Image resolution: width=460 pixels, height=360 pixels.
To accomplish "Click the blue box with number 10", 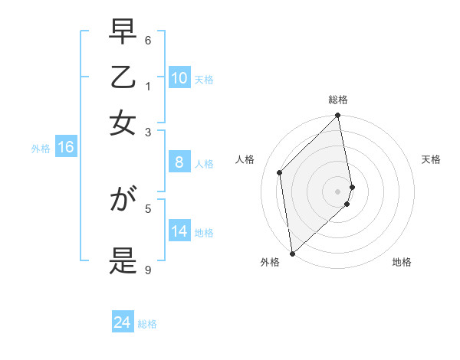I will tap(179, 78).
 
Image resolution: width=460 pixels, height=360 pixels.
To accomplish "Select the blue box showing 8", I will tap(179, 162).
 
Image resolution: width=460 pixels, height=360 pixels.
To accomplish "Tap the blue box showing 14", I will tap(179, 231).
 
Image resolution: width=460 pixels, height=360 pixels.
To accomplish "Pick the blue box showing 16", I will tap(66, 148).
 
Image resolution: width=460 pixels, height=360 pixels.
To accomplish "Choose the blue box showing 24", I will tap(123, 322).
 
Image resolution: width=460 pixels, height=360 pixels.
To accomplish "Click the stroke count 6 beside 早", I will tap(148, 40).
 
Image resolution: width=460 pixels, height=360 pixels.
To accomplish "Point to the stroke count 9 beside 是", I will tap(148, 270).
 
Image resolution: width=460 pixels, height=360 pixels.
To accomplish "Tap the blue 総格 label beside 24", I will tap(148, 324).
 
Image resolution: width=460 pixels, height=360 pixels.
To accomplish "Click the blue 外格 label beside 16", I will tap(41, 149).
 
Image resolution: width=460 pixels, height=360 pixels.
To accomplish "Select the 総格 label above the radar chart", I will tap(338, 100).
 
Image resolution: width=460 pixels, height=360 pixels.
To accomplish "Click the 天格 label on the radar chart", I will tap(431, 159).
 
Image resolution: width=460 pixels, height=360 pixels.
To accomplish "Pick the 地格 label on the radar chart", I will tap(402, 262).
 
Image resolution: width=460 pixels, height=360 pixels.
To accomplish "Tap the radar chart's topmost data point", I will tap(338, 116).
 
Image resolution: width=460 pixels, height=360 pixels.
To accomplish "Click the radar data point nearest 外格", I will tap(292, 253).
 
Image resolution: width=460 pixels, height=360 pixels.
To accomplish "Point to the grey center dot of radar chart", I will tap(338, 191).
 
